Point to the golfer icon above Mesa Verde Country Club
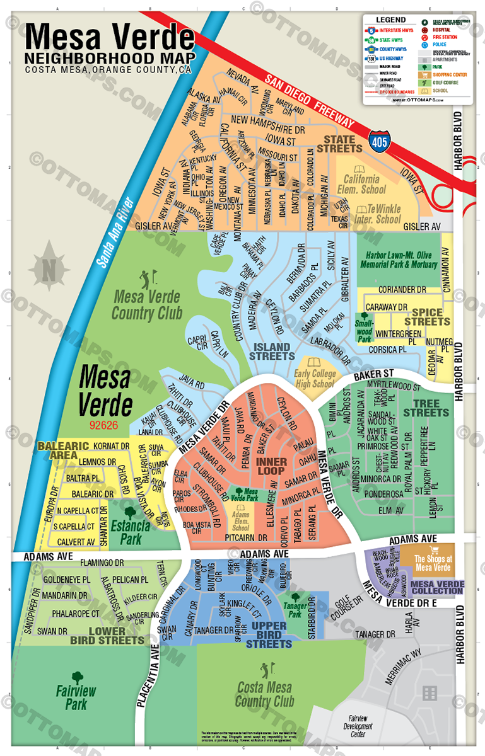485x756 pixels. click(147, 277)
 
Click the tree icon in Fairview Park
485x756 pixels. click(78, 678)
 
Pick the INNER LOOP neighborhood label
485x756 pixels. click(272, 467)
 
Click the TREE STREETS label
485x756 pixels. click(426, 408)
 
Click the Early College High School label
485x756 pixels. click(315, 379)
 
